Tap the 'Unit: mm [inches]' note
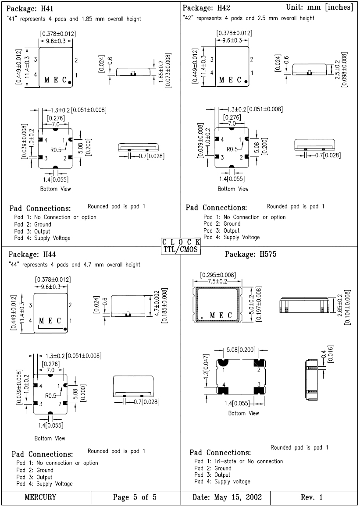pyautogui.click(x=319, y=7)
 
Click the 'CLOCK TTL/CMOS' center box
pyautogui.click(x=181, y=246)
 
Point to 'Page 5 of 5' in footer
pyautogui.click(x=135, y=497)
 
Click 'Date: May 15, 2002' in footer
pyautogui.click(x=227, y=497)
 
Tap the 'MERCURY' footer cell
pyautogui.click(x=40, y=497)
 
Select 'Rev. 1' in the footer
pyautogui.click(x=312, y=497)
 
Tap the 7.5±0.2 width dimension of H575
pyautogui.click(x=217, y=281)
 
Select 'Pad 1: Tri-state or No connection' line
pyautogui.click(x=239, y=461)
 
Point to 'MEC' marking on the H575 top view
pyautogui.click(x=221, y=316)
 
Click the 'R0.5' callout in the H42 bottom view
pyautogui.click(x=233, y=149)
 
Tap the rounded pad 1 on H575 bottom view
pyautogui.click(x=224, y=362)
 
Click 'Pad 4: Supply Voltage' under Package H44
pyautogui.click(x=44, y=484)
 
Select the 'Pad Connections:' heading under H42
pyautogui.click(x=216, y=207)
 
